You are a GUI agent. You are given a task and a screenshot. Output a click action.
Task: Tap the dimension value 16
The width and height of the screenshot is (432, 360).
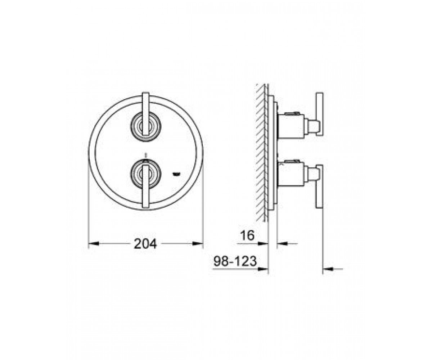[247, 235]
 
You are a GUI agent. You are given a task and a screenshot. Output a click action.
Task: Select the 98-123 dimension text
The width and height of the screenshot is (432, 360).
[235, 261]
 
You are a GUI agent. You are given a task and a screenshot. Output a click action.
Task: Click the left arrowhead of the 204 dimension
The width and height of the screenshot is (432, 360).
[93, 244]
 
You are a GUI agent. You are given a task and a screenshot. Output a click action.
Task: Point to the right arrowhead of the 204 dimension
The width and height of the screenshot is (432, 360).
[198, 244]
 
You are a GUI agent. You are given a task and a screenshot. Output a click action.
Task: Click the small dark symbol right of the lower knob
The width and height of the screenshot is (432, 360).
[176, 174]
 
